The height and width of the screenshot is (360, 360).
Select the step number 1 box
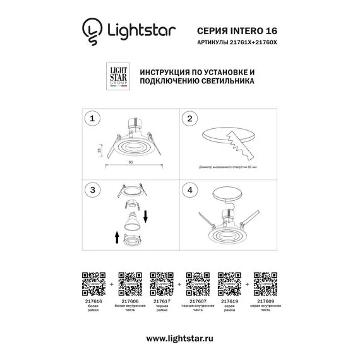click(93, 118)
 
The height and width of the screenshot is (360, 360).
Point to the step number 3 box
click(93, 189)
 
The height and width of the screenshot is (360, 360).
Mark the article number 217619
click(227, 301)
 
